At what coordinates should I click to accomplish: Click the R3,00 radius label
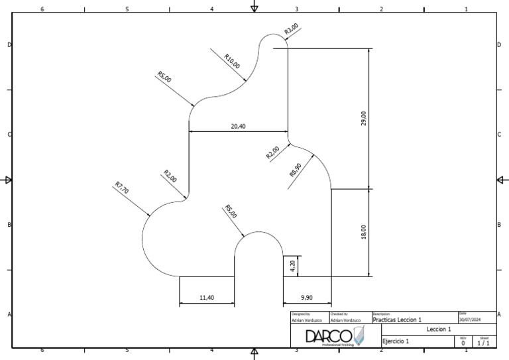[292, 29]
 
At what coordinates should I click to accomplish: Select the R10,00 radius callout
[232, 61]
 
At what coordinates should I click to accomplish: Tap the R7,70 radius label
[121, 188]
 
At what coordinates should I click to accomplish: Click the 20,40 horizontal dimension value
[239, 126]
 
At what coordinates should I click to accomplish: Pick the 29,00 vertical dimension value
[363, 119]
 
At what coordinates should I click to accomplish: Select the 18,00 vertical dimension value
[363, 232]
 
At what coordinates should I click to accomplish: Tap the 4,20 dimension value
[293, 265]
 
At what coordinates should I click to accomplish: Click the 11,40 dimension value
[207, 298]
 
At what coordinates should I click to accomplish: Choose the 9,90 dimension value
[307, 298]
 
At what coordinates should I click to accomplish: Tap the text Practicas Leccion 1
[398, 320]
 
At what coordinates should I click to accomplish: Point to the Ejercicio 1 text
[396, 341]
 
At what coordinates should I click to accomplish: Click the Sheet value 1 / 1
[484, 343]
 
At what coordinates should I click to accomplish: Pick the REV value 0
[463, 343]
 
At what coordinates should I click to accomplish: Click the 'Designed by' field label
[300, 314]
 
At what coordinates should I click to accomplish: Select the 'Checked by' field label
[339, 314]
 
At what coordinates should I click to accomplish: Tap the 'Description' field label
[381, 314]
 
